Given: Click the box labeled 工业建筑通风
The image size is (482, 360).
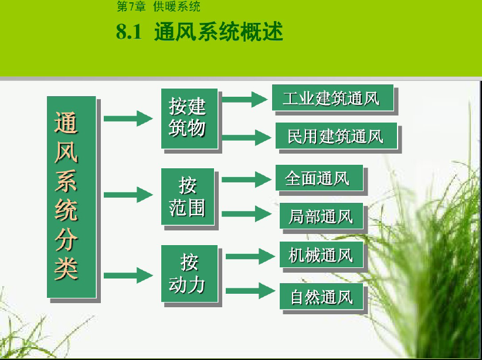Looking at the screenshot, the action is [x=332, y=97].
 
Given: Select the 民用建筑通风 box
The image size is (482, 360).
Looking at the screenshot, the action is [x=336, y=135].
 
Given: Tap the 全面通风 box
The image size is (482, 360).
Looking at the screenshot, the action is [x=319, y=178].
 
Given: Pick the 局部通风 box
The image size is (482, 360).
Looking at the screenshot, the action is [x=321, y=216].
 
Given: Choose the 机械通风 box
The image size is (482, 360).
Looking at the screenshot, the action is [x=321, y=254].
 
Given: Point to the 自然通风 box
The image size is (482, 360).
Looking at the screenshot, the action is [x=321, y=296].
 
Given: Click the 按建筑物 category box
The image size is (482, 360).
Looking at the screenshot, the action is [x=189, y=118].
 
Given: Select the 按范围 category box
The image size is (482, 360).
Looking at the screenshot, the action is [x=188, y=196].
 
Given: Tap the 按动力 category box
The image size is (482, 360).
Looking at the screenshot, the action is [x=189, y=274].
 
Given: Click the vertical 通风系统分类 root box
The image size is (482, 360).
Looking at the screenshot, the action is [x=72, y=197].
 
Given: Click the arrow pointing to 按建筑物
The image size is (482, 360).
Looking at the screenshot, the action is [x=128, y=118].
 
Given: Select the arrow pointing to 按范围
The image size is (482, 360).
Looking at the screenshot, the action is [x=128, y=195].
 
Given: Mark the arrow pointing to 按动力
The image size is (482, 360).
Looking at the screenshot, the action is [x=128, y=275].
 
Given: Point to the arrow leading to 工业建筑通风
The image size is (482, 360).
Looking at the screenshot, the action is [x=245, y=99].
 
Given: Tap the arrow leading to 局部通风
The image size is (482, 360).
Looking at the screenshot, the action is [x=246, y=213].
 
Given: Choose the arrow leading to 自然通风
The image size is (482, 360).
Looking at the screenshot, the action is [x=250, y=291].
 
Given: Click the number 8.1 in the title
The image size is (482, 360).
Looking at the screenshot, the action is [x=129, y=32].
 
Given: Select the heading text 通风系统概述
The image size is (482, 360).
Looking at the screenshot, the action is [x=219, y=32].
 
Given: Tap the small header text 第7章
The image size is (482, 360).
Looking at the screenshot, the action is [x=131, y=6].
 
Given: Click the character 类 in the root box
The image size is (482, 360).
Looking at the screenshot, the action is [x=66, y=268].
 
